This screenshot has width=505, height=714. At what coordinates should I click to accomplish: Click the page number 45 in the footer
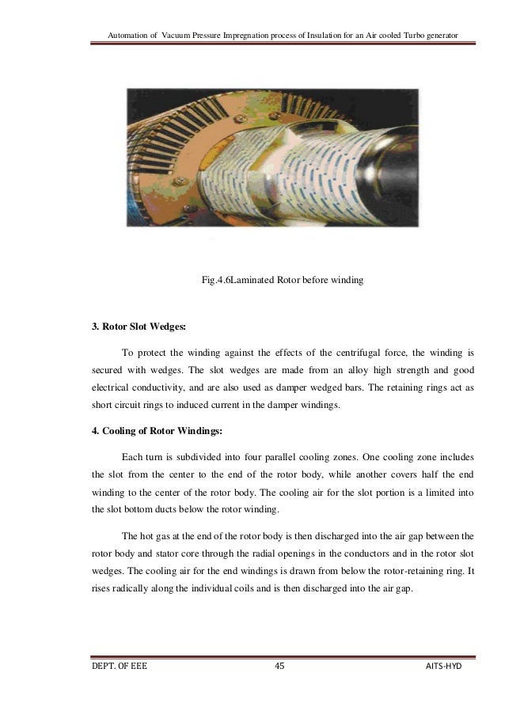point(279,666)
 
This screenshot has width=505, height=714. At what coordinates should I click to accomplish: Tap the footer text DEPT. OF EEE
point(119,666)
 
